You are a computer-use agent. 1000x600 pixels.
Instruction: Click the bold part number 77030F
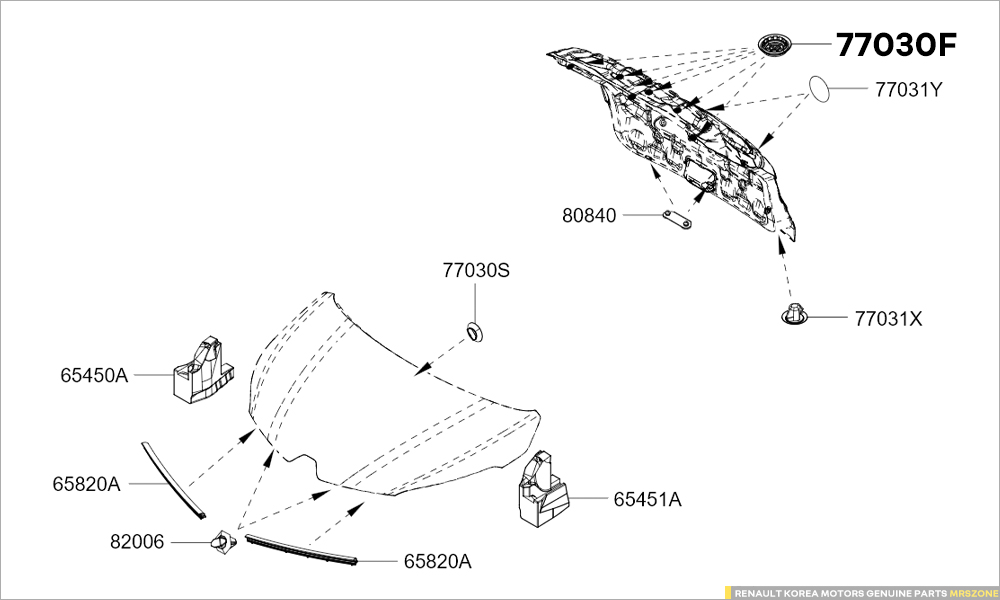896,46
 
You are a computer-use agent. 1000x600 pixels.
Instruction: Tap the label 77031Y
908,89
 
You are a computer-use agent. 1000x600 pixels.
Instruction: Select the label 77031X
888,319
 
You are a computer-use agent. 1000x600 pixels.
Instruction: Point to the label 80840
591,215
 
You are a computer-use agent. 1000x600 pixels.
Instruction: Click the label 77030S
476,270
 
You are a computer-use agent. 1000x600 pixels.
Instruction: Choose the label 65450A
94,375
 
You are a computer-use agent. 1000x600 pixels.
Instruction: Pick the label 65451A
647,499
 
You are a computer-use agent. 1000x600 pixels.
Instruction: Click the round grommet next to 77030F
774,45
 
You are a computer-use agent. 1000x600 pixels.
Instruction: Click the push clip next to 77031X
793,315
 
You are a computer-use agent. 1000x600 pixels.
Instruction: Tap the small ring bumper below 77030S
475,331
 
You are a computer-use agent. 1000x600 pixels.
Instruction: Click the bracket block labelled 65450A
203,371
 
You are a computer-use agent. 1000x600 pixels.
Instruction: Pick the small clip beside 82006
221,543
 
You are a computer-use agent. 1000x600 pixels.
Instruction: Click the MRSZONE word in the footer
971,592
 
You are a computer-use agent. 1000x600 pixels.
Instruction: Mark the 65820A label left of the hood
86,484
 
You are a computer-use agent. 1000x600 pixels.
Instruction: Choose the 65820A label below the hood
437,562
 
